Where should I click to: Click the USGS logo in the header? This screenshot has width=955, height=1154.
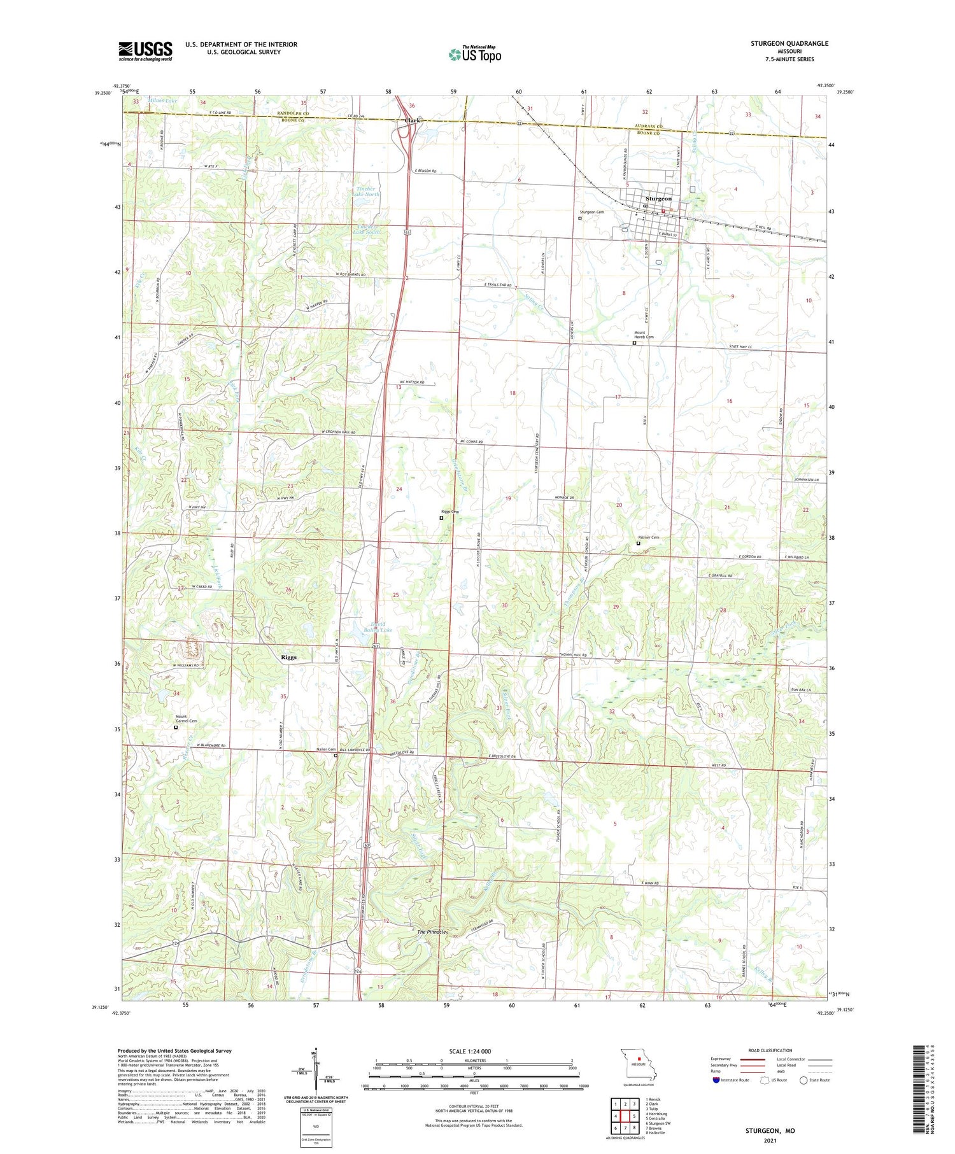(145, 51)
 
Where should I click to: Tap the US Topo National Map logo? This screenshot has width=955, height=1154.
(474, 54)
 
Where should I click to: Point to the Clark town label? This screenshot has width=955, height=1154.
(413, 120)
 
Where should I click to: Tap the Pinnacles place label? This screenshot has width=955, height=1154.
(432, 932)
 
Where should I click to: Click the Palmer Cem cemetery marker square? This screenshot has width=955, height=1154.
(639, 544)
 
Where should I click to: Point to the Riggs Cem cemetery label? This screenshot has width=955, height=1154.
(450, 512)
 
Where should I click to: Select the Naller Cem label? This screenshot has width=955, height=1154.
(325, 749)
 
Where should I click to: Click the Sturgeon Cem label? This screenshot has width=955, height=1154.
(591, 212)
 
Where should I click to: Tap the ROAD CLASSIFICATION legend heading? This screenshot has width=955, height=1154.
(770, 1050)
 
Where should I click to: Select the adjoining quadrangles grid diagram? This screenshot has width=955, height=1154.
(625, 1113)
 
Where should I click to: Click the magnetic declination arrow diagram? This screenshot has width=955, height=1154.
(316, 1069)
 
